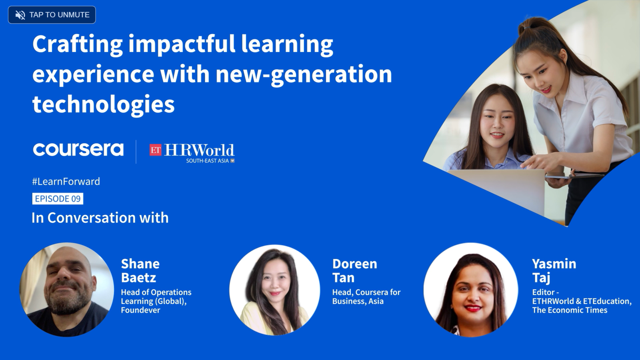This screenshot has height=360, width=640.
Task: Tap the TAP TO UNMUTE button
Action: click(x=52, y=15)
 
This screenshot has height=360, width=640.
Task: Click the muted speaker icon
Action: click(x=20, y=15)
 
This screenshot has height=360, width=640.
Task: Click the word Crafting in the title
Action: click(x=78, y=44)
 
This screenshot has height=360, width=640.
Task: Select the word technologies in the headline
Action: click(x=104, y=104)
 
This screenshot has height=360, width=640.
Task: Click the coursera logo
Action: click(x=78, y=149)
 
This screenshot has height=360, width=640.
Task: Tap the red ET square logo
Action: click(x=156, y=150)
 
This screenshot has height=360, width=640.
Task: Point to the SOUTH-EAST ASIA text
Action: click(x=208, y=161)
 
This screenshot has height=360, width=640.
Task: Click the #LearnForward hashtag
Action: click(x=66, y=182)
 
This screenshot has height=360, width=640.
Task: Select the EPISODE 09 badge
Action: click(x=58, y=198)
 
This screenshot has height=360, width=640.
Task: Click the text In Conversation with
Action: click(x=100, y=218)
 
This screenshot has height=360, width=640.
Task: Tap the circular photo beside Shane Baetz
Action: click(x=66, y=290)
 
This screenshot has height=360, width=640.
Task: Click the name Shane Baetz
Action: click(x=140, y=270)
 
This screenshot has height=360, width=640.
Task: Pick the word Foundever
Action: click(x=140, y=310)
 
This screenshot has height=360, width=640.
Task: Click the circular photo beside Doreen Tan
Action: click(x=274, y=290)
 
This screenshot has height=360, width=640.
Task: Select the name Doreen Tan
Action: click(x=354, y=270)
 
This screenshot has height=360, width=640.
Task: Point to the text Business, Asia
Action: click(x=358, y=301)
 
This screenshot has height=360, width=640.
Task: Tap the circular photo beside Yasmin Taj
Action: click(x=470, y=290)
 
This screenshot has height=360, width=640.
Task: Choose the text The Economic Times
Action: click(x=570, y=310)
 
